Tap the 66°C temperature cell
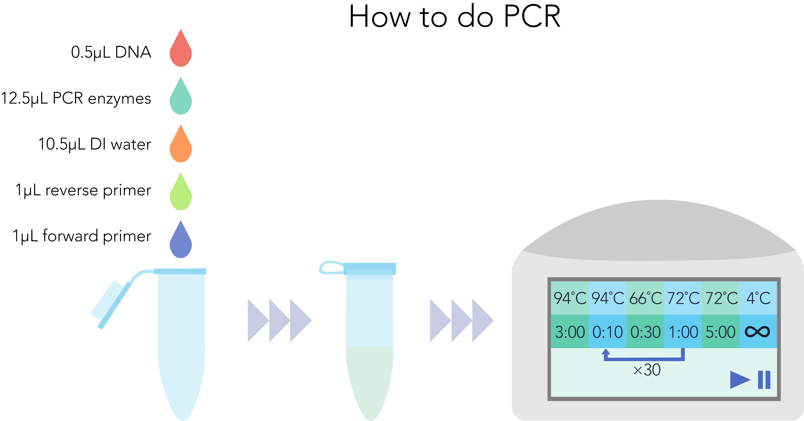point(645,298)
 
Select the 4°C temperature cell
point(758,298)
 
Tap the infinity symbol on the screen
point(757,331)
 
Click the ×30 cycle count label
point(647,370)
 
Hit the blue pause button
point(764,380)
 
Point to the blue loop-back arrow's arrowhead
point(606,352)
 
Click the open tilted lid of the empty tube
point(111,304)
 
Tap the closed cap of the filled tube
point(370,268)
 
